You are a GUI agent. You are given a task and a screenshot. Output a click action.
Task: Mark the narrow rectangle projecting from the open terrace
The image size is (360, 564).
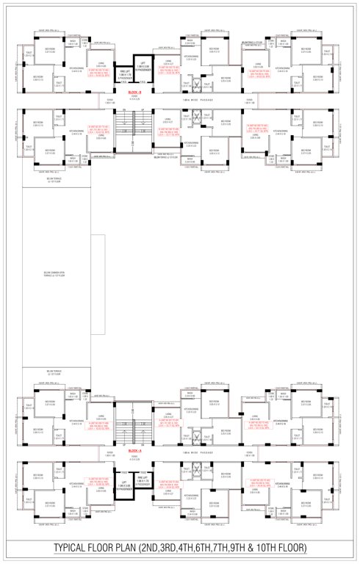click(95, 274)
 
